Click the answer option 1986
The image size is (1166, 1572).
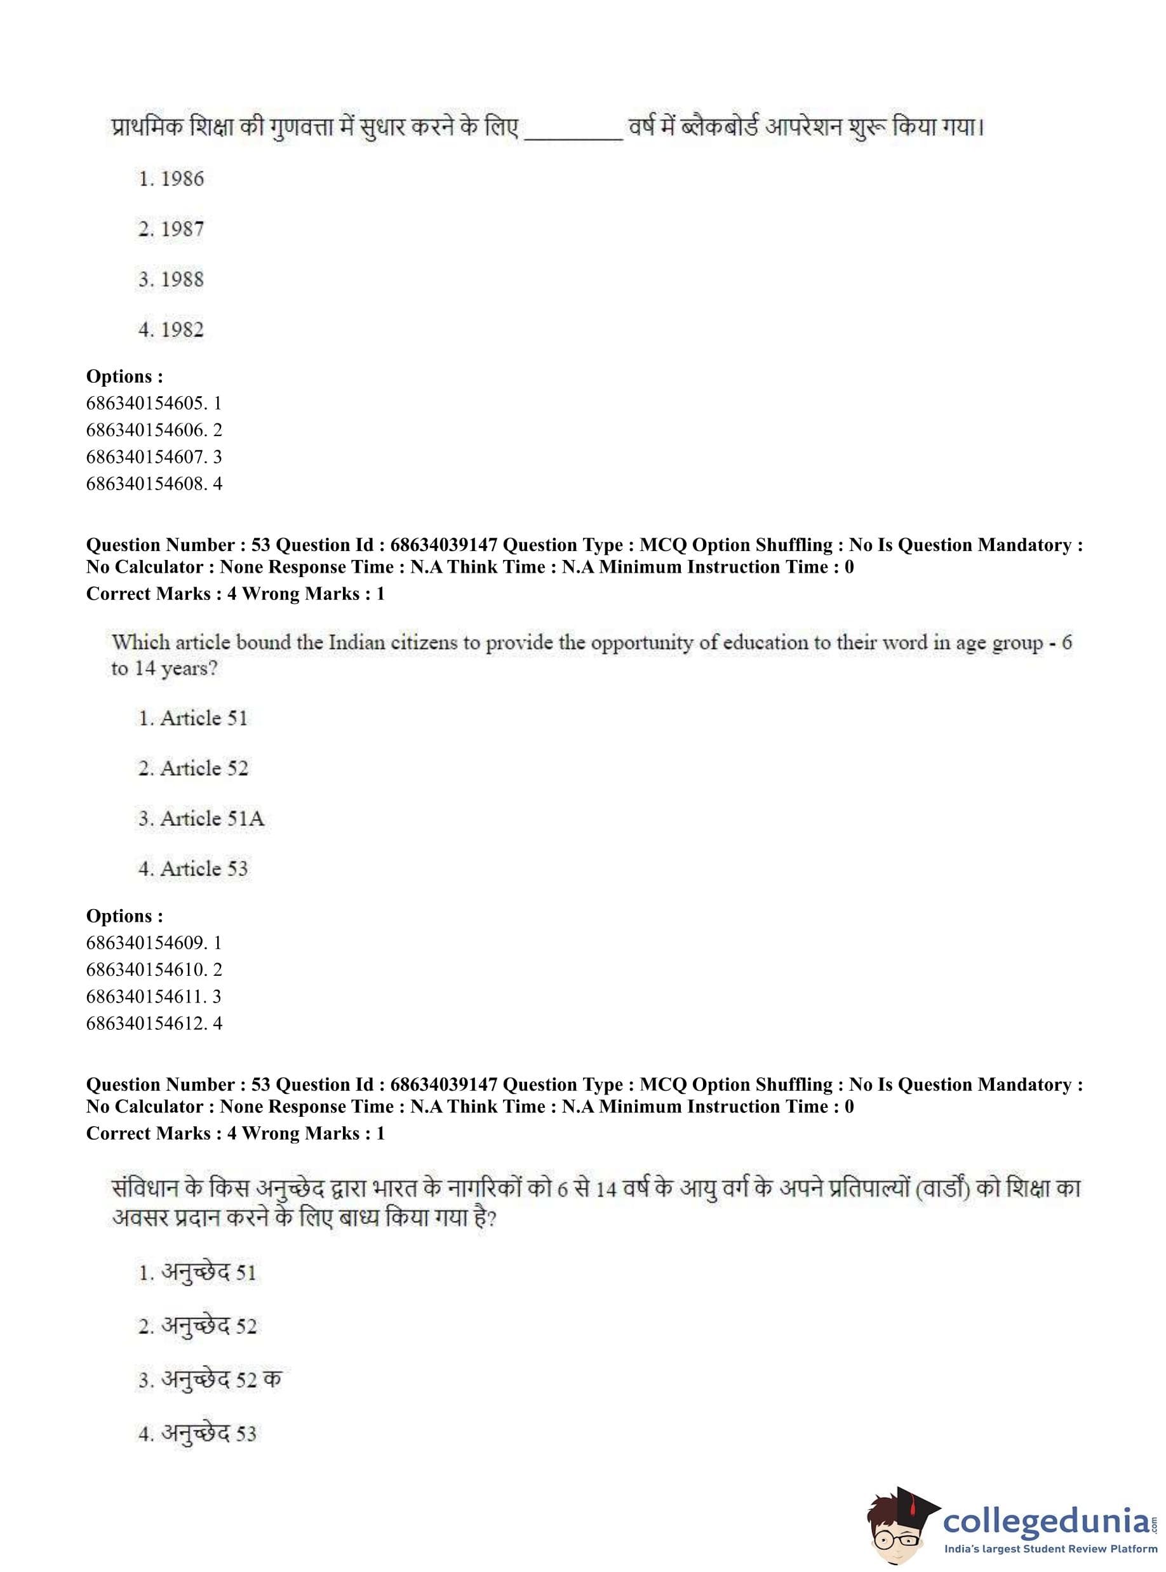coord(171,179)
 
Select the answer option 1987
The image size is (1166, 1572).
coord(171,229)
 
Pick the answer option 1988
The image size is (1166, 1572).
coord(171,279)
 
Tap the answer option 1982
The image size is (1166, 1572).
coord(171,330)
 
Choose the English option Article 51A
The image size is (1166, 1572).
coord(201,818)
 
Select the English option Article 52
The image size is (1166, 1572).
coord(194,768)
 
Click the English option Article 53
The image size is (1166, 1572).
coord(194,869)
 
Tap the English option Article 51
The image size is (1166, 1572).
coord(194,718)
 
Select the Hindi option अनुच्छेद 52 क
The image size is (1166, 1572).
coord(210,1380)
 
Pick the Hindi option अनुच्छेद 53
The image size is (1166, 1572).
coord(197,1433)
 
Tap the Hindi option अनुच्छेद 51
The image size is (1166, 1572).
coord(197,1273)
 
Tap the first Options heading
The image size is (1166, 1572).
coord(124,376)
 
